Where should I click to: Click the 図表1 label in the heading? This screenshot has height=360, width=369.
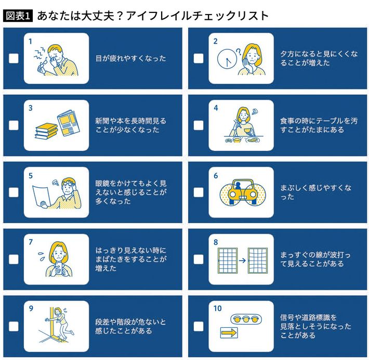coord(18,16)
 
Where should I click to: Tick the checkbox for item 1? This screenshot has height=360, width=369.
coord(14,58)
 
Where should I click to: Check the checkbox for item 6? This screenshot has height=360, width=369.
coord(199,192)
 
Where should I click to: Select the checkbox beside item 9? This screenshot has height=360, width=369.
coord(14,326)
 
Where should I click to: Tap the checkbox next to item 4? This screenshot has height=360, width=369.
coord(199,125)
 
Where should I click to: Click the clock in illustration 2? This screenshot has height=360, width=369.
coord(227,59)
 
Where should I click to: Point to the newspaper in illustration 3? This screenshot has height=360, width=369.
coord(69,123)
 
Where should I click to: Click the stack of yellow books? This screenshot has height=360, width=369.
coord(46,131)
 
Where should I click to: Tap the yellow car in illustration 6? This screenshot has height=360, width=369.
coord(243,192)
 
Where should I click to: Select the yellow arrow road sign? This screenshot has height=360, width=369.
coord(229,333)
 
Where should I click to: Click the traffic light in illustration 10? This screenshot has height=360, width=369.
coord(246,319)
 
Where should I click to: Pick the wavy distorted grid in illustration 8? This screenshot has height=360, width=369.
coord(258,260)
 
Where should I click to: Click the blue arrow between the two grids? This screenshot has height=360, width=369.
coord(242,260)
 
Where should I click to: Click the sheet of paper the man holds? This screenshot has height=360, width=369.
coord(42,197)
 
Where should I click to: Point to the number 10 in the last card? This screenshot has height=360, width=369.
coord(217,308)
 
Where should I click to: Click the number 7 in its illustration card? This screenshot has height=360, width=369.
coord(31,242)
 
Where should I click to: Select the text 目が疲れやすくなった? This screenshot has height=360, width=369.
coord(131,58)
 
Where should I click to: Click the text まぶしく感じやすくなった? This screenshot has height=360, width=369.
coord(315,192)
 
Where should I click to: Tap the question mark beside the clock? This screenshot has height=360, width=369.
coord(239,52)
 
